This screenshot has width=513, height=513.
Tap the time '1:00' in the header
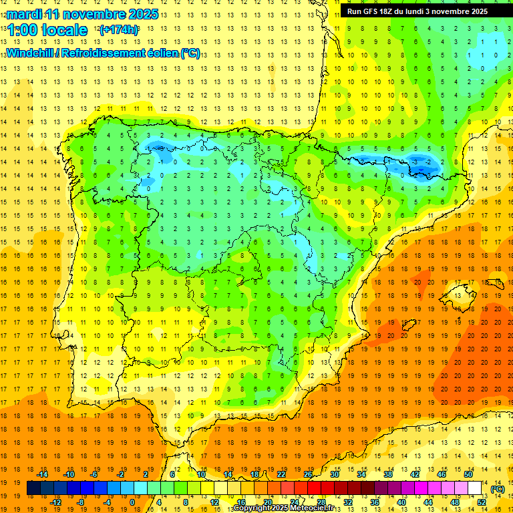tap(22, 30)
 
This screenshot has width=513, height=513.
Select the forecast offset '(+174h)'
tap(118, 30)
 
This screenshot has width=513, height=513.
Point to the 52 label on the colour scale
tap(482, 502)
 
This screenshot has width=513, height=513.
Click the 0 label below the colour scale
tap(132, 502)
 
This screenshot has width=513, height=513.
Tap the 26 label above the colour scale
tap(308, 474)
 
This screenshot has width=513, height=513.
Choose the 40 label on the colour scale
tap(401, 502)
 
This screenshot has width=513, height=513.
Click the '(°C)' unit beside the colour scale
tap(498, 489)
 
